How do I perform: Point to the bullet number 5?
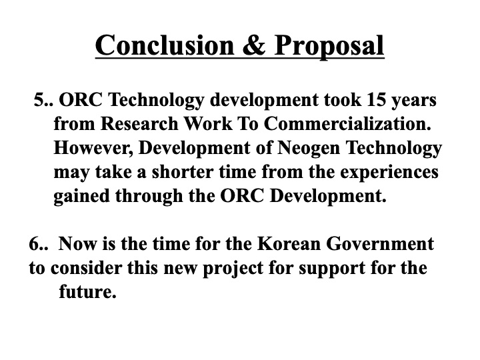click(43, 101)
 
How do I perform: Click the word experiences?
click(387, 172)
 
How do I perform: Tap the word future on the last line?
click(85, 292)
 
